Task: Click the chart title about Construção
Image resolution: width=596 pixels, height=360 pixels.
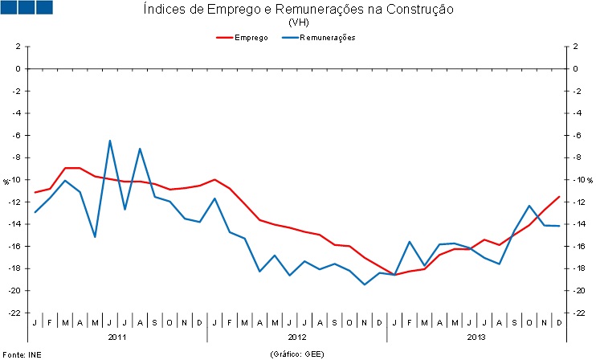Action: pyautogui.click(x=298, y=10)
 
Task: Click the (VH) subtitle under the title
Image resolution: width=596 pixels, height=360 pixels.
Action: pyautogui.click(x=298, y=22)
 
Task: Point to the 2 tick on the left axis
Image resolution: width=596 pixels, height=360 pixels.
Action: pyautogui.click(x=16, y=47)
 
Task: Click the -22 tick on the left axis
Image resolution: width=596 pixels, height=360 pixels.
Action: pyautogui.click(x=14, y=313)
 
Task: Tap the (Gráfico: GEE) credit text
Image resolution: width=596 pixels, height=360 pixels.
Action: pyautogui.click(x=298, y=354)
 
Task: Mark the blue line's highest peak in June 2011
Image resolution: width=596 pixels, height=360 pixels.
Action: pyautogui.click(x=110, y=141)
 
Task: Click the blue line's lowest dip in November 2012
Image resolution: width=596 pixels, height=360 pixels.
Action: pyautogui.click(x=365, y=284)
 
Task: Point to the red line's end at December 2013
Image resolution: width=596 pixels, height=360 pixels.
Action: pyautogui.click(x=559, y=197)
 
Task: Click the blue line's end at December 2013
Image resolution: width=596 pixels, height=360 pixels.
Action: pyautogui.click(x=559, y=226)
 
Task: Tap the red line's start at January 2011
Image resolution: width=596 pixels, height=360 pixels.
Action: pyautogui.click(x=35, y=192)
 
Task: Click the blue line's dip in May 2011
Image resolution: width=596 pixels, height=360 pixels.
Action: pyautogui.click(x=95, y=236)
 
